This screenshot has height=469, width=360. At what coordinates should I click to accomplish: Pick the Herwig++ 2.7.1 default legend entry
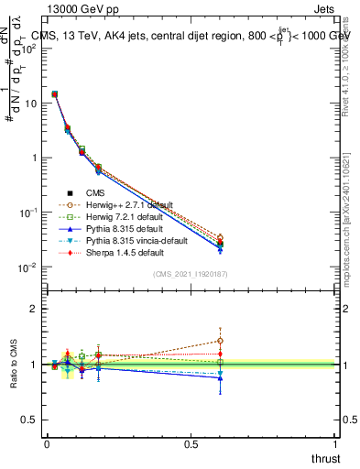[124, 204]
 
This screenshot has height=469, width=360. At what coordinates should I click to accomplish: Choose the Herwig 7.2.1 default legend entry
[120, 216]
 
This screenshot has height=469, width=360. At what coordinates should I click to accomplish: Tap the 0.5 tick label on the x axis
[191, 444]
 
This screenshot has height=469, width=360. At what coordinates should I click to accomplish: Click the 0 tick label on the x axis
[47, 444]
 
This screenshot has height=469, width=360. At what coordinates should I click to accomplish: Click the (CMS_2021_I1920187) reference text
[190, 274]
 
